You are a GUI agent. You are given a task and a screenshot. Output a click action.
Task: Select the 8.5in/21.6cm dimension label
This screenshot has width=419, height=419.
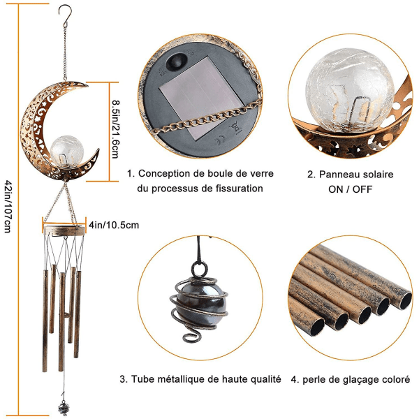point(116,129)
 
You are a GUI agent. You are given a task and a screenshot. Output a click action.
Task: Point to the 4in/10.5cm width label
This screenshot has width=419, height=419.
point(114,226)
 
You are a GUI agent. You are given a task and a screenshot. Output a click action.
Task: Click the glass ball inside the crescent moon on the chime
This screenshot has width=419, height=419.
point(67,152)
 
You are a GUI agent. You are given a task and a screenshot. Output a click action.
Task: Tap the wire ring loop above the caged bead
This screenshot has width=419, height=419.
point(199,269)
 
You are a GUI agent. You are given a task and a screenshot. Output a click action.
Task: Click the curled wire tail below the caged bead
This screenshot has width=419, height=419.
point(191,335)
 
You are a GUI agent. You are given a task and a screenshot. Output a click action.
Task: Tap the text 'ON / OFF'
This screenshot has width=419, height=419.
point(350,189)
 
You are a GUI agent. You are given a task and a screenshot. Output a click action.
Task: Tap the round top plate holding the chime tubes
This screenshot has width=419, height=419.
point(65,230)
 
